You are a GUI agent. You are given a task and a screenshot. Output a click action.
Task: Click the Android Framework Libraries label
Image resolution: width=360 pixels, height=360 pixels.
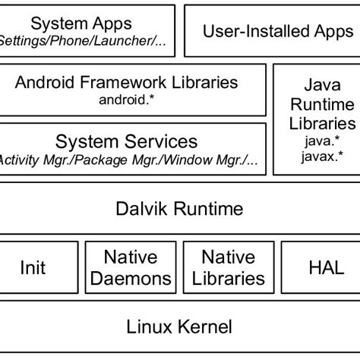[x=126, y=82]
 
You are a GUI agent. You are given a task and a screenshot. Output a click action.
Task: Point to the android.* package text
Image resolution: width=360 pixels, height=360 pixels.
[x=126, y=99]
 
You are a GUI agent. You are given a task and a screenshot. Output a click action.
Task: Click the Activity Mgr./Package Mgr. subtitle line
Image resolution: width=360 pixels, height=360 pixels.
[x=126, y=159]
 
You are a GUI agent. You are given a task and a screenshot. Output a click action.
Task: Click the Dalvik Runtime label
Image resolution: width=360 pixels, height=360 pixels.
[x=179, y=207]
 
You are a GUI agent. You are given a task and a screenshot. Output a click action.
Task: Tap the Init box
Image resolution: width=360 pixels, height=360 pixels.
[x=32, y=267]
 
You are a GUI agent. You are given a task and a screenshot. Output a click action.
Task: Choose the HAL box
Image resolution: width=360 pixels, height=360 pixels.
[x=326, y=267]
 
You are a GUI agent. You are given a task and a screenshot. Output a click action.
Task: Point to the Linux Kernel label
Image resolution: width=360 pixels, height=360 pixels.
[x=179, y=327]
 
